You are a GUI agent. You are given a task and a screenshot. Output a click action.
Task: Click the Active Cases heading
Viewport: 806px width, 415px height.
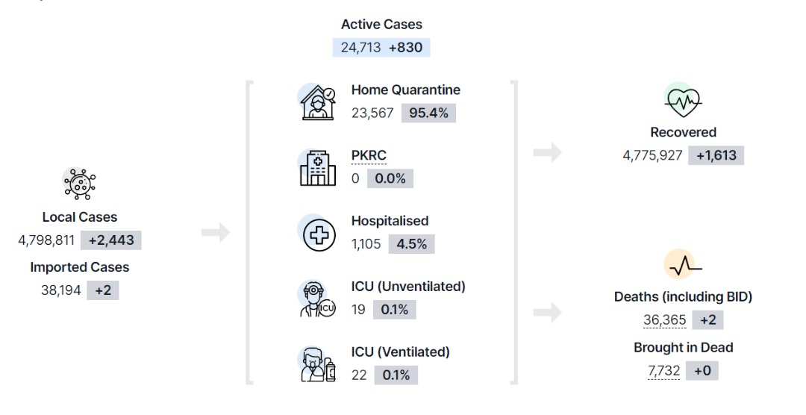click(x=381, y=24)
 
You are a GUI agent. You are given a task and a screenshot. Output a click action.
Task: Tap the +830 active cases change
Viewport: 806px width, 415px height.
click(x=405, y=47)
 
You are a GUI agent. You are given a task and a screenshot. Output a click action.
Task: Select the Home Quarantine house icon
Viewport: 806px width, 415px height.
click(x=318, y=102)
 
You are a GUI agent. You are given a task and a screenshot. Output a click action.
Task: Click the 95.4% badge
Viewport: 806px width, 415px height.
click(x=428, y=113)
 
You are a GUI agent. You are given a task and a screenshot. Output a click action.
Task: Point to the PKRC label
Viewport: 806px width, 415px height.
click(x=369, y=155)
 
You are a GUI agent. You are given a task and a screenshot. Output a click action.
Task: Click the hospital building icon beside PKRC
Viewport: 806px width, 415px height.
click(x=318, y=168)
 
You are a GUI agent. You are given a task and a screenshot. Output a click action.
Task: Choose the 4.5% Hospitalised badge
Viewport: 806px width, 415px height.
click(x=412, y=244)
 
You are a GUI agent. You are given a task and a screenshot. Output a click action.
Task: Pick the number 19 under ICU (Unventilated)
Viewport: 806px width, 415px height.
click(x=358, y=310)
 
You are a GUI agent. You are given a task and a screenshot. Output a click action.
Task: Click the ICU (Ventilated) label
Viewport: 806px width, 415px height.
click(x=401, y=352)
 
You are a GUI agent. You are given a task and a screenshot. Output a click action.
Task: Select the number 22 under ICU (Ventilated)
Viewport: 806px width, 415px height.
click(x=359, y=375)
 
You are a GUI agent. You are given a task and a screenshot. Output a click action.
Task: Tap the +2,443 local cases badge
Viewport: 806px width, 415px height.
click(x=111, y=240)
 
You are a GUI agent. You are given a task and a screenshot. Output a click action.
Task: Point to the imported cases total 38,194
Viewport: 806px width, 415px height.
click(x=61, y=290)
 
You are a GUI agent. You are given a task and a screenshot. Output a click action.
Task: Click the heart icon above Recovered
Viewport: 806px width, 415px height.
click(x=683, y=102)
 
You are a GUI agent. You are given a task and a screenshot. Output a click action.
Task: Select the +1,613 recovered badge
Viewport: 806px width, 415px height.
click(x=716, y=155)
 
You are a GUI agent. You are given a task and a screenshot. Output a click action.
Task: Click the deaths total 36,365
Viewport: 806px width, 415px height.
click(x=665, y=320)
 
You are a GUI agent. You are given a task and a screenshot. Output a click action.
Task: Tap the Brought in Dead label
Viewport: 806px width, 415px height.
click(x=683, y=348)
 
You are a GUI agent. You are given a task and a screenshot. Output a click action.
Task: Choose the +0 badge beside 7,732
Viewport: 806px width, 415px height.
click(x=703, y=371)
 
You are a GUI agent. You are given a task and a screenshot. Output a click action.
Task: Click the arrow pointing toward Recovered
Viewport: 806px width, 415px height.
click(x=548, y=152)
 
